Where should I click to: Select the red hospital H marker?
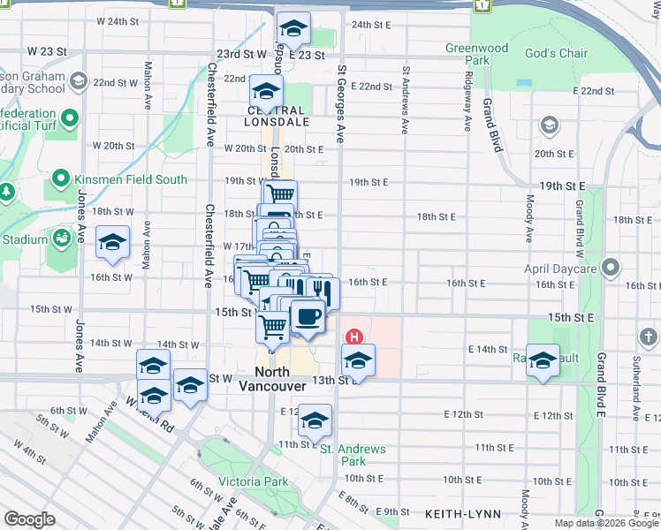click(354, 337)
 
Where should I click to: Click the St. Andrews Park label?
click(353, 455)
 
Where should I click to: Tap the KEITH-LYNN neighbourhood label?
click(462, 513)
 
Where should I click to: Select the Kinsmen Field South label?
click(131, 179)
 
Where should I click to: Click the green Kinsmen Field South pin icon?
click(60, 179)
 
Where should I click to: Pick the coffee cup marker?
click(307, 315)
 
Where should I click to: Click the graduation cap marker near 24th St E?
click(293, 29)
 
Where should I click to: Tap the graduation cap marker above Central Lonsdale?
click(266, 90)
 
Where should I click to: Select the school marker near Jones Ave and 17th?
click(112, 243)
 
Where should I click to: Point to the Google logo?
click(30, 519)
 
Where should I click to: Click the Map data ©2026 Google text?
click(605, 523)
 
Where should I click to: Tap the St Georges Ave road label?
click(339, 106)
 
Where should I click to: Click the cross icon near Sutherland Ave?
click(648, 337)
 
